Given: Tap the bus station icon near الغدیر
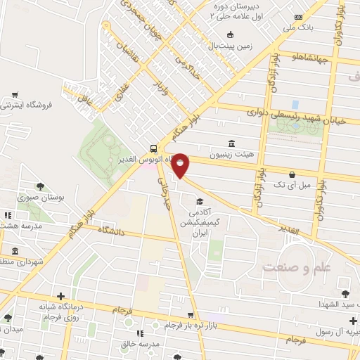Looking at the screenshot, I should (153, 148).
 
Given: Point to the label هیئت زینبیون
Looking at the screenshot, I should (231, 154).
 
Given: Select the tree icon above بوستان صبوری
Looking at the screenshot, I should (41, 187).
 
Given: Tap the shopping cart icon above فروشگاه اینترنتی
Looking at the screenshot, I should (15, 94).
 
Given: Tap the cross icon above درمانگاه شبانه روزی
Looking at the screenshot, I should (60, 296).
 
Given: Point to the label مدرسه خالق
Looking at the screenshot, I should (158, 344).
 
